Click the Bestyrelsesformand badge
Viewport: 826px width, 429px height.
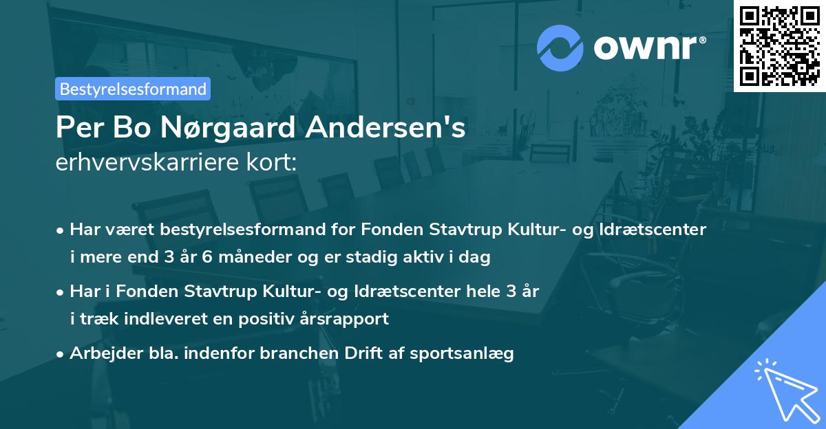point(133,89)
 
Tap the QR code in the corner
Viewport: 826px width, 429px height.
point(780,45)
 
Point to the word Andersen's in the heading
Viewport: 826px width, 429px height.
point(399,128)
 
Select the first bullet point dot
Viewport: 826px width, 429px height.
point(61,230)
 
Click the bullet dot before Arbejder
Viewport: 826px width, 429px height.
point(61,353)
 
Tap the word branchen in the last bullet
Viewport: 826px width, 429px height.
point(319,353)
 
